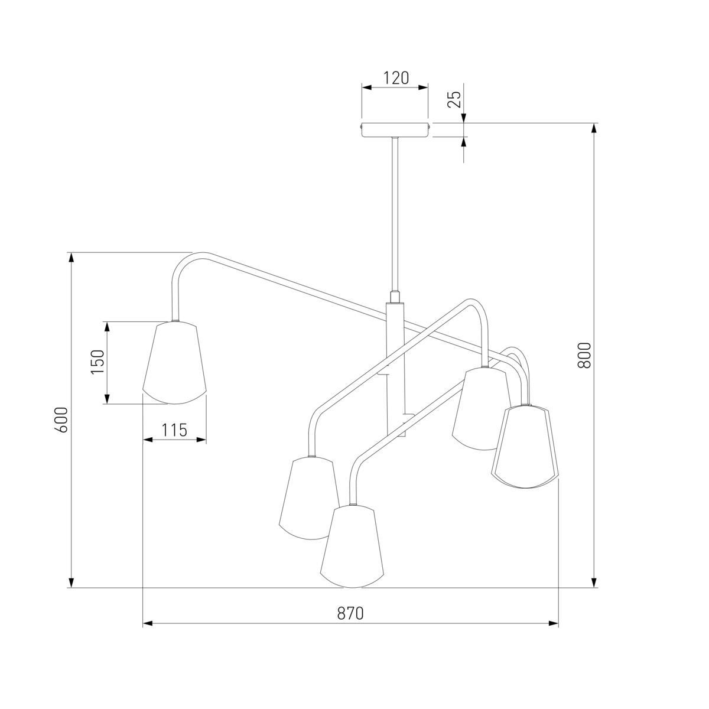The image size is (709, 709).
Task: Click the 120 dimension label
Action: tap(396, 78)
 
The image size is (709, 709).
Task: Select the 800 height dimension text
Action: tap(584, 355)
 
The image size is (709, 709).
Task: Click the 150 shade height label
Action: tap(98, 362)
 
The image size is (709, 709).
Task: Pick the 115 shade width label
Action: tap(175, 430)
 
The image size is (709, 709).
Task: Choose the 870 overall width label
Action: tap(350, 613)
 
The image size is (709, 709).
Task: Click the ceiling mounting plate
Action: tap(395, 130)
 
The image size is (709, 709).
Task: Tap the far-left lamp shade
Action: tap(174, 363)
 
